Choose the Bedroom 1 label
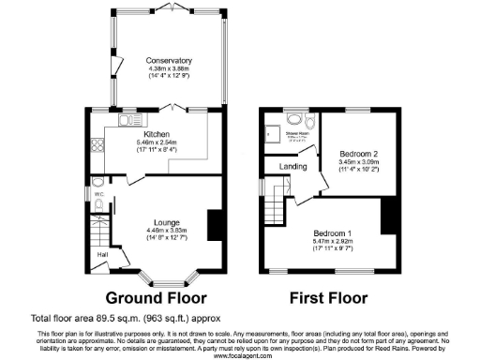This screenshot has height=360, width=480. coord(333,232)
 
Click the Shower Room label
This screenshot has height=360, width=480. coord(297,134)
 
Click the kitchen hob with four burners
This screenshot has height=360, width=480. coord(96,148)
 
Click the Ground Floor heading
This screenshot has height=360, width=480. coord(155,299)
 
